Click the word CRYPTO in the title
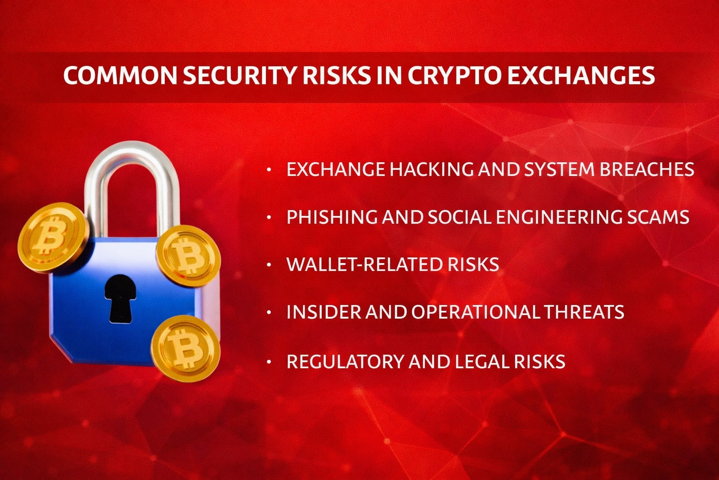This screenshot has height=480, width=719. (x=455, y=76)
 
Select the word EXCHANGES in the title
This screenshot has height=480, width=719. (x=580, y=76)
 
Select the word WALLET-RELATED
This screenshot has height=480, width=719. (x=365, y=265)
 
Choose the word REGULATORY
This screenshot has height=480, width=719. (x=345, y=362)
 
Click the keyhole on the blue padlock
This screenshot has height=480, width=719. (x=120, y=298)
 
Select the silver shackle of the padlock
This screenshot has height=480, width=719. (x=132, y=164)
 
